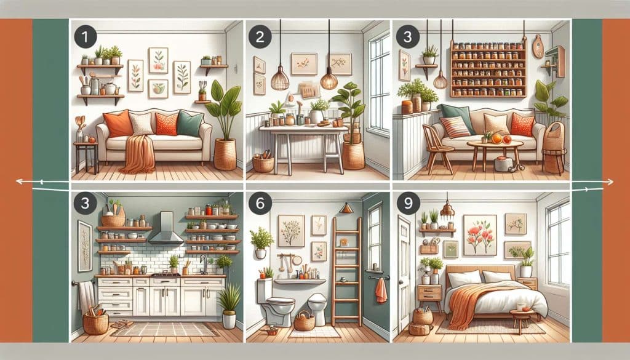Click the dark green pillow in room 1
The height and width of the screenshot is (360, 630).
190,124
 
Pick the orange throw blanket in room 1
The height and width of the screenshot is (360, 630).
137,154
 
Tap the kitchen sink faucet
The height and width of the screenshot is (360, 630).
202,264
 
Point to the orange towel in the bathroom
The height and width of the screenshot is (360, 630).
381,290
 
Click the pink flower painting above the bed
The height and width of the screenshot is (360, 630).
479,234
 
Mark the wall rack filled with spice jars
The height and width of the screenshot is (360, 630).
488,68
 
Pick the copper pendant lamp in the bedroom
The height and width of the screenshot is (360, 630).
447,210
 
